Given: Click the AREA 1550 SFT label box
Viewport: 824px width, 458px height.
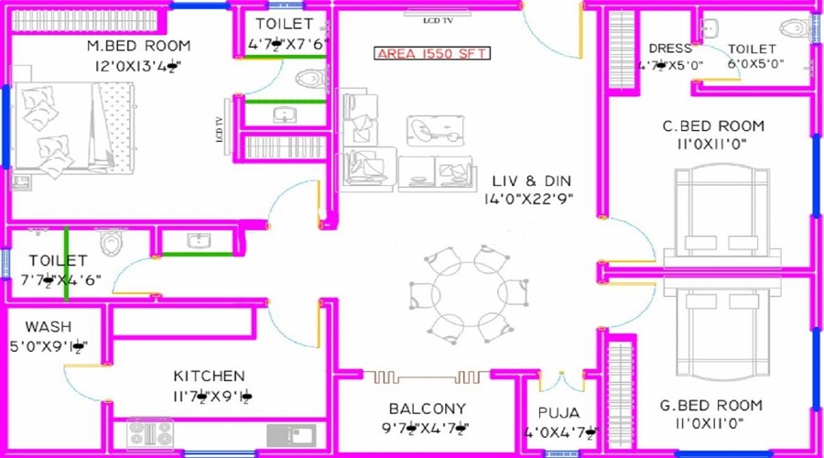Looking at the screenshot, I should point(432,53).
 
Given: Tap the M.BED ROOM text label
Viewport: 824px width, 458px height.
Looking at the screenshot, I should point(138,46).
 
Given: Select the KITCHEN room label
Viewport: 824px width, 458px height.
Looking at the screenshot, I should point(210,376).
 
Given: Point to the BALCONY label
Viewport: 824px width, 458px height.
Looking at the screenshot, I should point(427,409).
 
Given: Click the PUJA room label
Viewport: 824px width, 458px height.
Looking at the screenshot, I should point(559,413).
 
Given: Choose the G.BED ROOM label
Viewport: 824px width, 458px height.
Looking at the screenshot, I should point(711,405).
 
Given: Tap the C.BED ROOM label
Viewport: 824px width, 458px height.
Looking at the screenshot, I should point(713,125).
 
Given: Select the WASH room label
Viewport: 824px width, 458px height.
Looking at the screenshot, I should point(49,327).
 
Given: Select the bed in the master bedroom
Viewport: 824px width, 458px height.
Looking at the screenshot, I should point(73,128).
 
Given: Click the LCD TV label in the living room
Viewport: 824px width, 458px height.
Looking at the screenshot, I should point(440,18).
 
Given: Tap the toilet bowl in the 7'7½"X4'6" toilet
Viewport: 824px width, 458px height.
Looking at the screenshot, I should point(112,243).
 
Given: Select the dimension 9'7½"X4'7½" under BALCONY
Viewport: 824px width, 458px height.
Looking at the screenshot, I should point(427,428).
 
